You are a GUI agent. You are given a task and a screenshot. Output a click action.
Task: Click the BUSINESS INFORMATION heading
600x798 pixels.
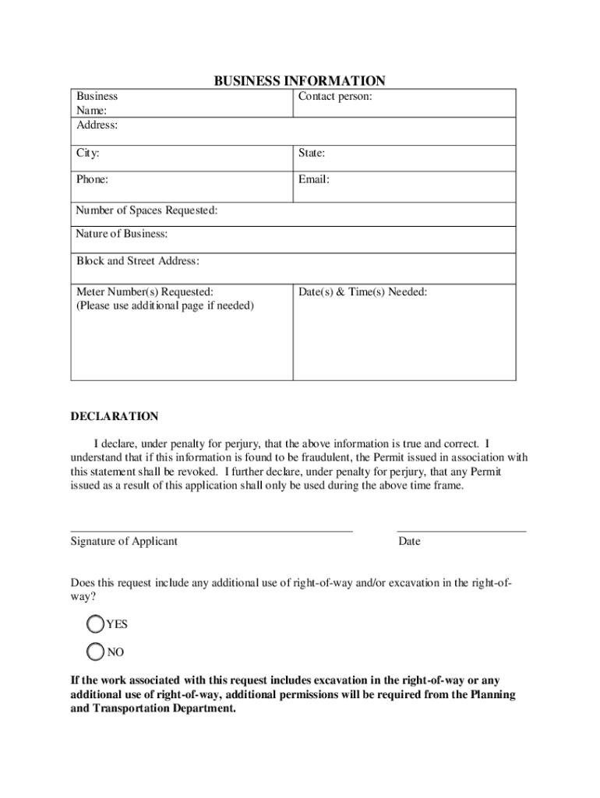[300, 81]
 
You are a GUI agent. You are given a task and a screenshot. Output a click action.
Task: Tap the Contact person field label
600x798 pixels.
[335, 97]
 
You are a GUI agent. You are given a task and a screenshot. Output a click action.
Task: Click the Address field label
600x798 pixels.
[97, 125]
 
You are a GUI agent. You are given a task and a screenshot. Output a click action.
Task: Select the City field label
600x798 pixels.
[87, 154]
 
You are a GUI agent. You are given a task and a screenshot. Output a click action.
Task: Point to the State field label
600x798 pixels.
[312, 154]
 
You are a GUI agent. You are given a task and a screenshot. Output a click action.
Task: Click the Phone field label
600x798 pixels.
[92, 179]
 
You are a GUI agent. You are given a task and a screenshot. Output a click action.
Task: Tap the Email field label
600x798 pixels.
[314, 179]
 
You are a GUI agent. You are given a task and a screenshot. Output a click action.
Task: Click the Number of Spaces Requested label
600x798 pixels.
[146, 210]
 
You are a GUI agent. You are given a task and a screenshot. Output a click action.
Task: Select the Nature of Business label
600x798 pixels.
[122, 234]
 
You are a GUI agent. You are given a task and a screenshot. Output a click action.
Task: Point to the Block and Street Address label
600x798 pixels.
[137, 260]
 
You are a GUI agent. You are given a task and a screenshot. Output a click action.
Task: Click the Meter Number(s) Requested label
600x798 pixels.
[144, 291]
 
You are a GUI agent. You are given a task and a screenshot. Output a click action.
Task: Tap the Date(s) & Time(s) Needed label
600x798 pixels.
[362, 291]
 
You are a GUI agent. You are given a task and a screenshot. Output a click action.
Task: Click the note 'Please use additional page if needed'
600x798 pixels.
[164, 305]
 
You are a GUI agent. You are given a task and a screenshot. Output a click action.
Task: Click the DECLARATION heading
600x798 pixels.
[115, 416]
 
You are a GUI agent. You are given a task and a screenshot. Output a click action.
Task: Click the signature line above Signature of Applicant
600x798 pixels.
[211, 531]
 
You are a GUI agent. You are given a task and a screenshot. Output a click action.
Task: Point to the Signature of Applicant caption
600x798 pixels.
[124, 541]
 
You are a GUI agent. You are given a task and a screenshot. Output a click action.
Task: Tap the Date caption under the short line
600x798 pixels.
[409, 541]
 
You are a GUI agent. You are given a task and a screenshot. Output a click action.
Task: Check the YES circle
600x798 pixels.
[95, 623]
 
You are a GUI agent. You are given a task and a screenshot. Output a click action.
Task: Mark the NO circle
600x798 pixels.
[95, 651]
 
